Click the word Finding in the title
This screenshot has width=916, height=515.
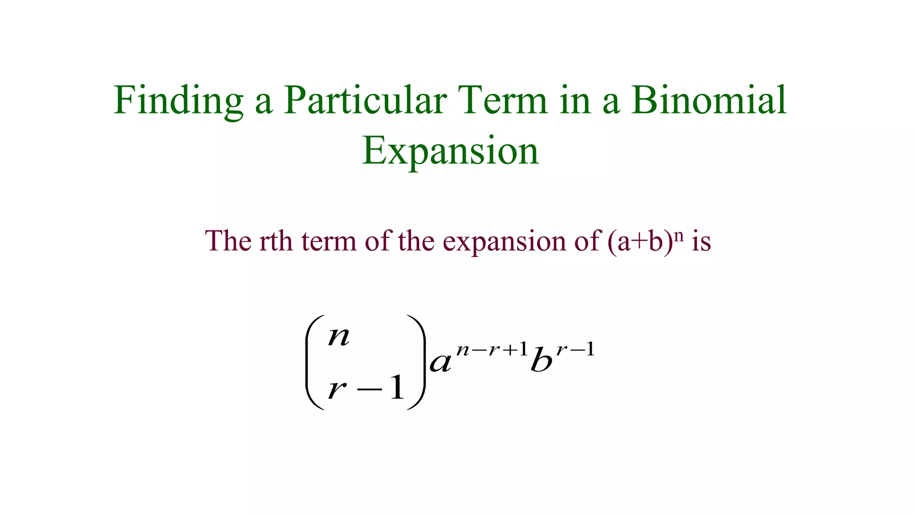tap(178, 101)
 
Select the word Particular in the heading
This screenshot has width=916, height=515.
tap(365, 101)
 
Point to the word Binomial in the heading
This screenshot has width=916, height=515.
tap(708, 101)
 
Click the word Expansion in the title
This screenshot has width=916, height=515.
tap(450, 151)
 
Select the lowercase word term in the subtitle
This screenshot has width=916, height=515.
tap(329, 241)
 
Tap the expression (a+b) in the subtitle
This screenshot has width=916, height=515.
tap(640, 242)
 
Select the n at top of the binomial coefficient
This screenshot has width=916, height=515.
tap(339, 337)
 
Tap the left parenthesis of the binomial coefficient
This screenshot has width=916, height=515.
tap(313, 363)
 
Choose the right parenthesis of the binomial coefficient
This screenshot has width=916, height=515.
tap(417, 363)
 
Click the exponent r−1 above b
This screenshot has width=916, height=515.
tap(575, 349)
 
